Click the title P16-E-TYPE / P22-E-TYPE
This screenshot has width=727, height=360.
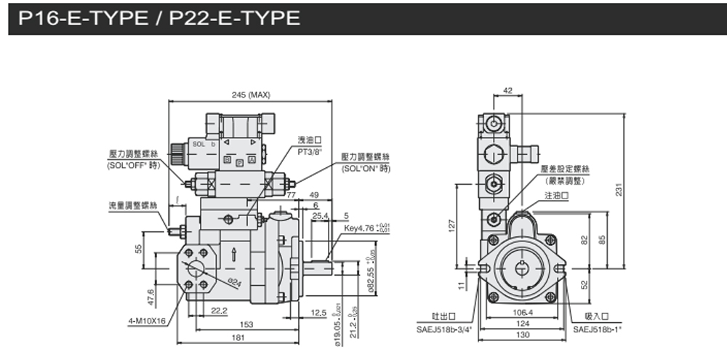pyautogui.click(x=159, y=17)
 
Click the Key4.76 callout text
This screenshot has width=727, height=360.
pyautogui.click(x=363, y=228)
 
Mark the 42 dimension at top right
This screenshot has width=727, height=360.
pyautogui.click(x=507, y=90)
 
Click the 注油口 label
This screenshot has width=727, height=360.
pyautogui.click(x=556, y=196)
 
